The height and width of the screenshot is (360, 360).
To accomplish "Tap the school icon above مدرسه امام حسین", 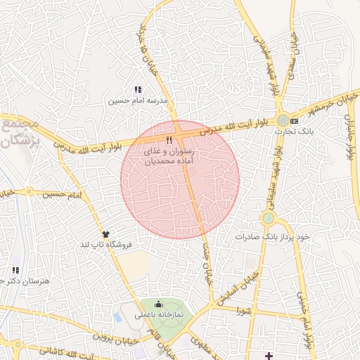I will pos(138,90).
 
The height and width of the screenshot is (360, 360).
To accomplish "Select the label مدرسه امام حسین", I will pos(138,101).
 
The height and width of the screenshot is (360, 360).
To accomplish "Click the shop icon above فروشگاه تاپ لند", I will pos(106,234).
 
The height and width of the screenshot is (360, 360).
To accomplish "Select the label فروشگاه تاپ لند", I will pos(106,245).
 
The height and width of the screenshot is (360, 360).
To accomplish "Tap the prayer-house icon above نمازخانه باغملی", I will pos(158,304).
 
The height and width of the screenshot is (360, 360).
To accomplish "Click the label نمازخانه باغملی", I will pos(158,315).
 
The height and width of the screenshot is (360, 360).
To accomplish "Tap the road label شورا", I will pos(244,310).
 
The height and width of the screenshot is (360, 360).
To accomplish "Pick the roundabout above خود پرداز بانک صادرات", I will pos(268,219).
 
